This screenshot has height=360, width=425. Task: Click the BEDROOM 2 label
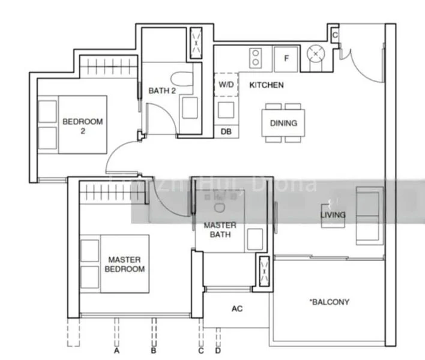82,125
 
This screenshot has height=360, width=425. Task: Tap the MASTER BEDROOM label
125,264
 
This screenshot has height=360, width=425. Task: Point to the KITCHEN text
267,85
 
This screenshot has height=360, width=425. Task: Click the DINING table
284,123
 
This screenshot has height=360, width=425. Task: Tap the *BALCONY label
330,302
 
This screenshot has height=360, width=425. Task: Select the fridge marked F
286,58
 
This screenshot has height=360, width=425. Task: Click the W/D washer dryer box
226,85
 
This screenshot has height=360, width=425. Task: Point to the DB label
226,131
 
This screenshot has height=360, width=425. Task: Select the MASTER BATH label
220,229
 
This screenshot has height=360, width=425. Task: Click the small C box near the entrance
335,35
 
